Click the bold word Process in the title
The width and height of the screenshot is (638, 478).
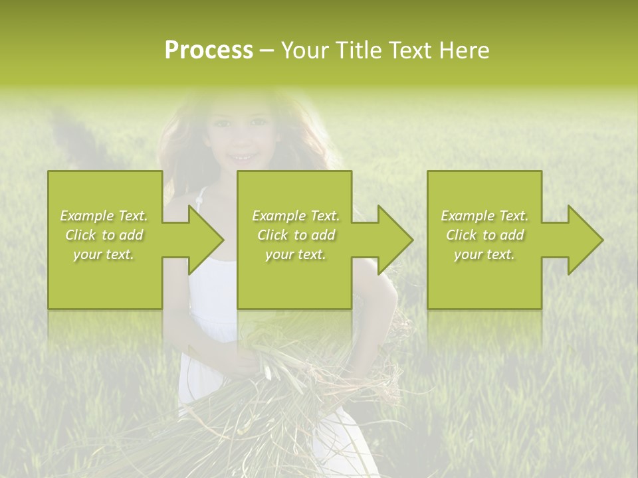point(209,50)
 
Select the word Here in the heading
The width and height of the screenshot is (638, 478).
point(464,50)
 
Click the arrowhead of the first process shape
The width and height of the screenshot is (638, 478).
point(205,240)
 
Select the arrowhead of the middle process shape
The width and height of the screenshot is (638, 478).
point(395,240)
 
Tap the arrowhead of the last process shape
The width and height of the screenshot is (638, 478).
point(585,240)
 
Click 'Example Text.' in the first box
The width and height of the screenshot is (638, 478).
point(104,216)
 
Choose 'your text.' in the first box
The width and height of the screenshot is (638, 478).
point(104,254)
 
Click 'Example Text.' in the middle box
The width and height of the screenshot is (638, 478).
point(295,216)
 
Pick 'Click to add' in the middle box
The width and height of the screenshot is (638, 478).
point(295,235)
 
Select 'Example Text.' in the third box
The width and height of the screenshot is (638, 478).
point(484,216)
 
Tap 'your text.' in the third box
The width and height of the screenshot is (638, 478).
point(484,254)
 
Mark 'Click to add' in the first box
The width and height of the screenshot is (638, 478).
point(104,235)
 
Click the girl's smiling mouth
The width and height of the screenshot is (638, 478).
point(241,158)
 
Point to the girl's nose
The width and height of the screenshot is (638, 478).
point(241,141)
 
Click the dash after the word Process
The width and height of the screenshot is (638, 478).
point(266,51)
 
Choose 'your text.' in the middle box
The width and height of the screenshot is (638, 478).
point(295,254)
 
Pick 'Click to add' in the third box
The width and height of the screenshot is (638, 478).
point(484,235)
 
